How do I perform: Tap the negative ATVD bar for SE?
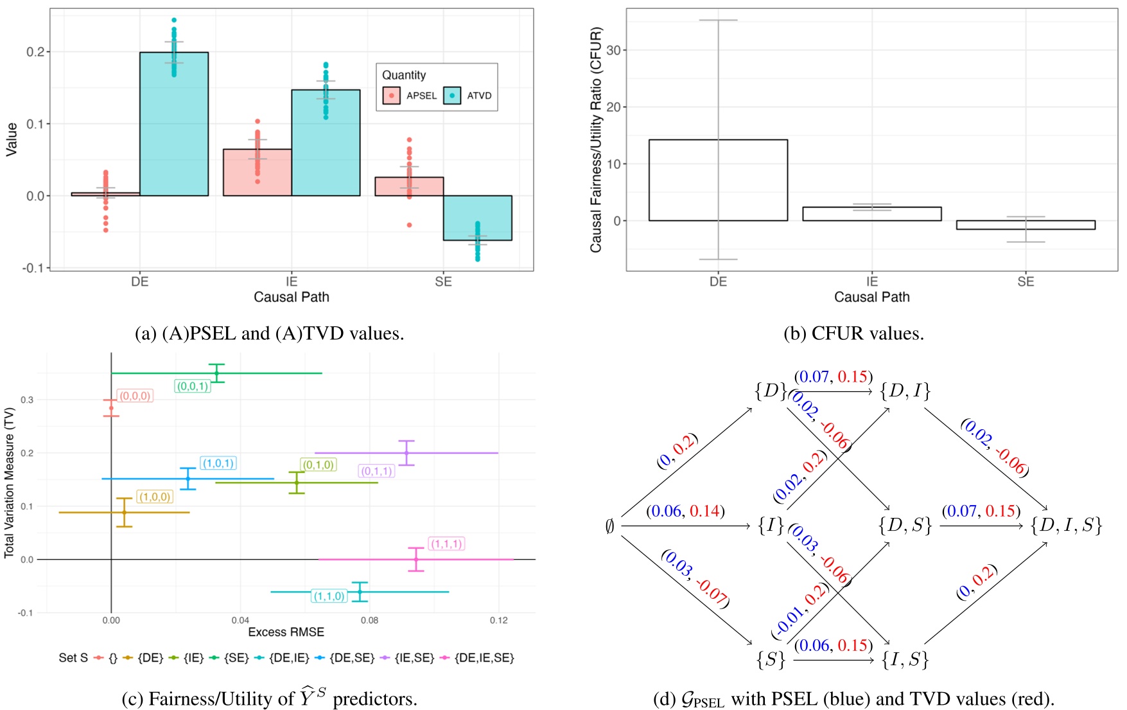(477, 218)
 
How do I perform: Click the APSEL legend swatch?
(391, 96)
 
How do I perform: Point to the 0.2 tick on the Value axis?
(35, 52)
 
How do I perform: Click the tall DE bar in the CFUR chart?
(718, 180)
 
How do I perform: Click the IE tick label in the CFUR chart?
(871, 281)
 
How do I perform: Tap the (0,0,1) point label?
(193, 386)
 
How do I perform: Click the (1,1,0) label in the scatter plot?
(329, 596)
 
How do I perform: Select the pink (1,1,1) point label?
(446, 544)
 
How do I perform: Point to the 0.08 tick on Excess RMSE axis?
(369, 620)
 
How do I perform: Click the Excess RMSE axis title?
(286, 632)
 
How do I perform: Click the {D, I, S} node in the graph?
(1066, 526)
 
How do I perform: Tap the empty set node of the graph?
(610, 526)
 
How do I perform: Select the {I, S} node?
(905, 659)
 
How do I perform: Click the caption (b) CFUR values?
(853, 333)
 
